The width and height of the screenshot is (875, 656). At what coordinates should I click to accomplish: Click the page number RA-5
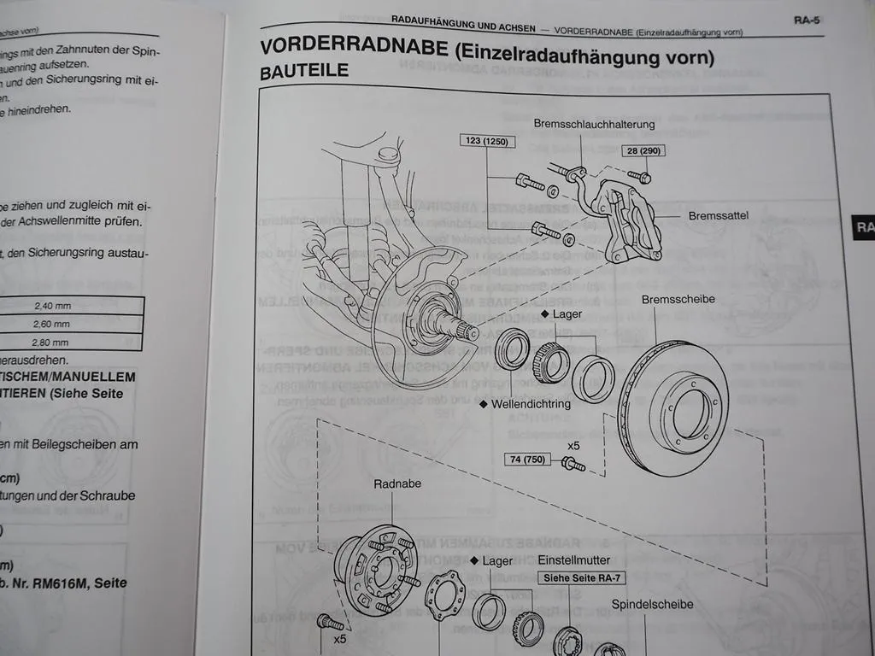806,20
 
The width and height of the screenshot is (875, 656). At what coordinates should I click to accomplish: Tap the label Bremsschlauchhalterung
594,124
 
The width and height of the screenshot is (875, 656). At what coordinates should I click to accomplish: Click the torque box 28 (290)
645,150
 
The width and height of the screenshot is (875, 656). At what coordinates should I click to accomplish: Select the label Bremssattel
718,216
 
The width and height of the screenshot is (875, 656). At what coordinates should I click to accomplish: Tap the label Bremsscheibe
678,299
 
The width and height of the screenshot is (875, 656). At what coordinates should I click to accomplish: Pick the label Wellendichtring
530,403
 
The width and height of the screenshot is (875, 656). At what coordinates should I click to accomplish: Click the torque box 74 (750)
529,460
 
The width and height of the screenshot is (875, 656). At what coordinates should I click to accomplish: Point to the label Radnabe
395,484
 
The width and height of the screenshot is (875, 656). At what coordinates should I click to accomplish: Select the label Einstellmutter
574,560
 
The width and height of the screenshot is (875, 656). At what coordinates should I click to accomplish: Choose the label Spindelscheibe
652,605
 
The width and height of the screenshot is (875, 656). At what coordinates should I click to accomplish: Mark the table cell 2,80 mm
52,342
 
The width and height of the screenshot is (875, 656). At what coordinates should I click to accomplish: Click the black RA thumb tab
863,227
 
